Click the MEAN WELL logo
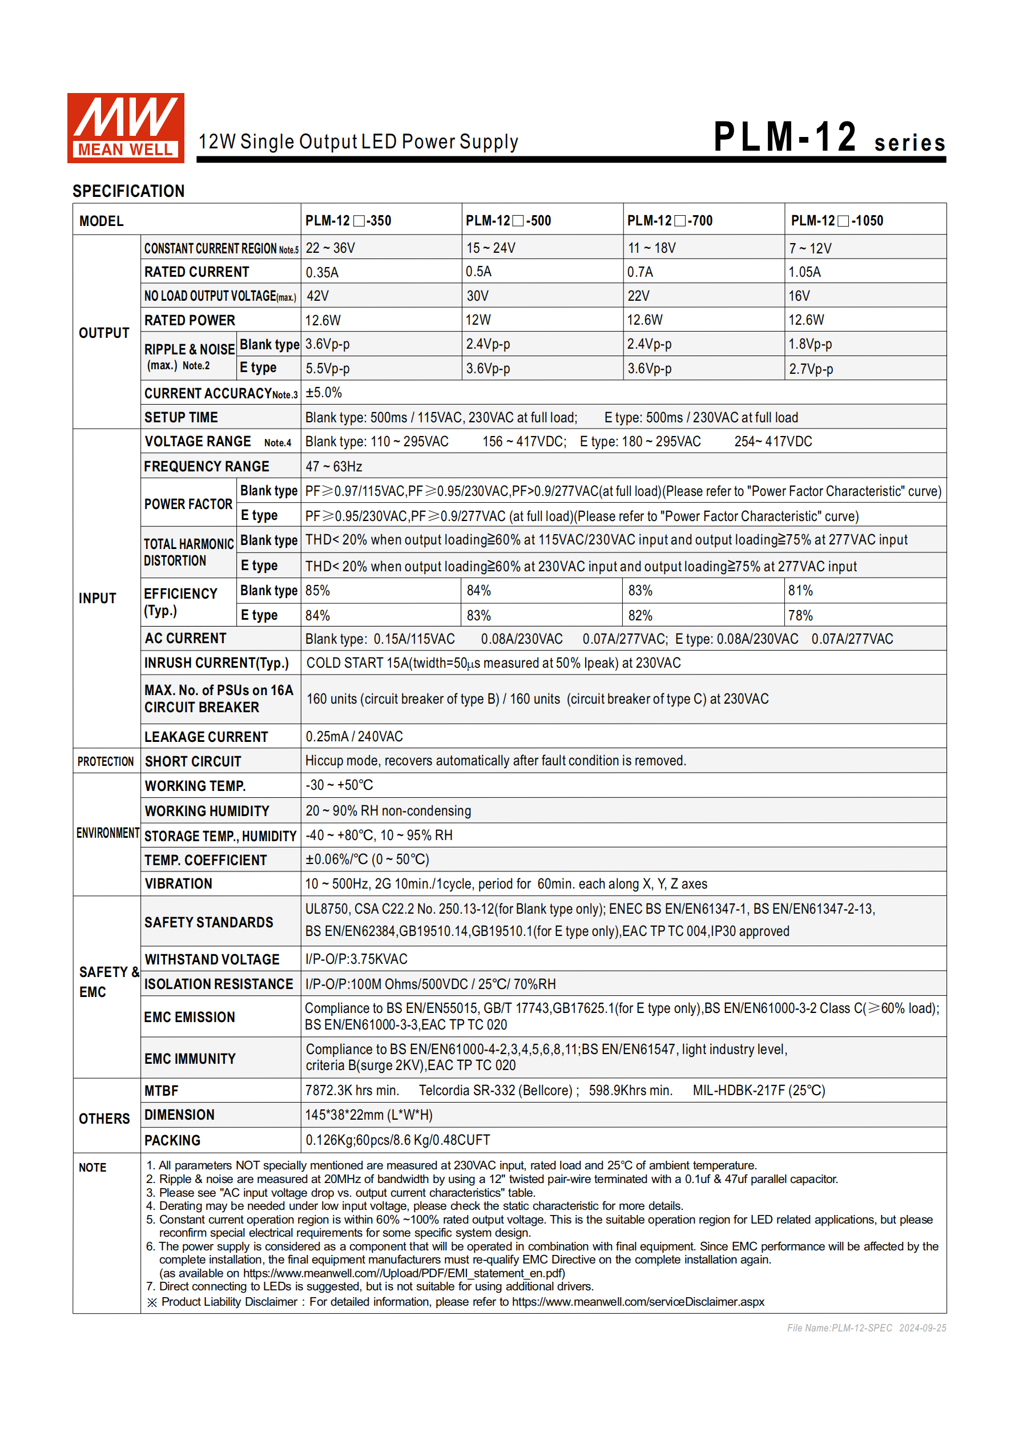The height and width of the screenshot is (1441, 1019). click(x=126, y=128)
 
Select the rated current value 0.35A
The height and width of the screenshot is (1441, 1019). click(x=322, y=272)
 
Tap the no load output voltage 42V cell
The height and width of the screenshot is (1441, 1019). click(x=318, y=296)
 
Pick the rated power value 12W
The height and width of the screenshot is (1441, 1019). click(x=478, y=320)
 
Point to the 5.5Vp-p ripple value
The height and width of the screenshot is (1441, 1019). click(x=328, y=369)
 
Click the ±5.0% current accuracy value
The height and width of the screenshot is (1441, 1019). click(x=324, y=393)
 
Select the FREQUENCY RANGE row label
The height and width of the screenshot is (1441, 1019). click(x=207, y=466)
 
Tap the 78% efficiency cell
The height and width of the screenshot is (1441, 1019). click(x=800, y=616)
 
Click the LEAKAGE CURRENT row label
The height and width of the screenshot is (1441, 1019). click(x=206, y=737)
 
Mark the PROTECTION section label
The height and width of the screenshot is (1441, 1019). click(x=106, y=761)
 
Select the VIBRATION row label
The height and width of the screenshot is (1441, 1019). click(x=178, y=883)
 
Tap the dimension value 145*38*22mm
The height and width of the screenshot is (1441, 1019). click(x=369, y=1115)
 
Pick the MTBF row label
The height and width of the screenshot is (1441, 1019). click(x=162, y=1091)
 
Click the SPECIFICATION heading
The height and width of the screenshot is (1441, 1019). click(x=128, y=191)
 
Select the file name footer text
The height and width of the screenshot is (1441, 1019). click(x=866, y=1328)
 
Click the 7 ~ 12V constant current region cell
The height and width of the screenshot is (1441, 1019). click(x=810, y=248)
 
